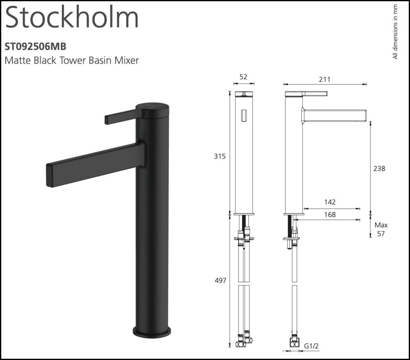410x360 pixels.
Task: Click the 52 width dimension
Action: (x=244, y=77)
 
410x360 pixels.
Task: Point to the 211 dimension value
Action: (x=325, y=80)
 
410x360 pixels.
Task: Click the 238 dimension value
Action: (x=380, y=168)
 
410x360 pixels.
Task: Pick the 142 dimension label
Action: (x=330, y=202)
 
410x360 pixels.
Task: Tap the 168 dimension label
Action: (x=330, y=215)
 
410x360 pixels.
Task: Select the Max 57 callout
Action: (x=381, y=229)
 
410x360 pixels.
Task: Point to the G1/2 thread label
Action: (x=312, y=346)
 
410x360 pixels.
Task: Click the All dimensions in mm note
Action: (x=395, y=32)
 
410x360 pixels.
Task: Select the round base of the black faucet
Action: (x=152, y=331)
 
